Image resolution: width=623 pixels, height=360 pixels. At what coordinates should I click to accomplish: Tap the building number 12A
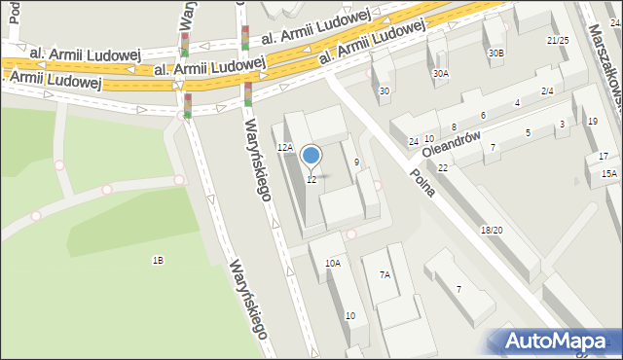click(x=284, y=147)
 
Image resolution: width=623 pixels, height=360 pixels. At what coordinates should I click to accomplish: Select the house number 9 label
click(x=357, y=162)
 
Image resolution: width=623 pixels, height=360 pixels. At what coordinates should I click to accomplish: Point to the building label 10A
click(x=333, y=263)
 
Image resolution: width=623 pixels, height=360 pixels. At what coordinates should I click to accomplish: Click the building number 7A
click(x=385, y=275)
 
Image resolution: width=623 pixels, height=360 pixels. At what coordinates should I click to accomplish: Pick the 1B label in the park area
click(x=157, y=260)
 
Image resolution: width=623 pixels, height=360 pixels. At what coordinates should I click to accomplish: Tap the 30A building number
click(x=441, y=73)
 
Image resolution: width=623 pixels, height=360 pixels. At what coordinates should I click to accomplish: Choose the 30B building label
click(x=496, y=53)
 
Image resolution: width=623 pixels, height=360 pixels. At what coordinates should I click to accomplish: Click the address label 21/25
click(x=557, y=40)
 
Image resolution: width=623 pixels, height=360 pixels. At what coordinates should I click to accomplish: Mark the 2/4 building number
click(x=547, y=90)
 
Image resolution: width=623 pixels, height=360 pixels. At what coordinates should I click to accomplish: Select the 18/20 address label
click(x=491, y=230)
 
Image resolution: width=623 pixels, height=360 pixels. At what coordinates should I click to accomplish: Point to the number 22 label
click(x=443, y=168)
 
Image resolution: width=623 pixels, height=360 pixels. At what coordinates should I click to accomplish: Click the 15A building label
click(x=608, y=173)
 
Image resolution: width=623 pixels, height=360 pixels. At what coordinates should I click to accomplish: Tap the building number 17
click(x=604, y=156)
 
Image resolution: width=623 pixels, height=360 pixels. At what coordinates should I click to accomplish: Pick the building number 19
click(x=593, y=121)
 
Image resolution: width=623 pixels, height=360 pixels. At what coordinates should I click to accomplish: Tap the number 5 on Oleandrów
click(x=528, y=132)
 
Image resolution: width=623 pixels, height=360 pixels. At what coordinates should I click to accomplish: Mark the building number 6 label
click(x=483, y=116)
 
